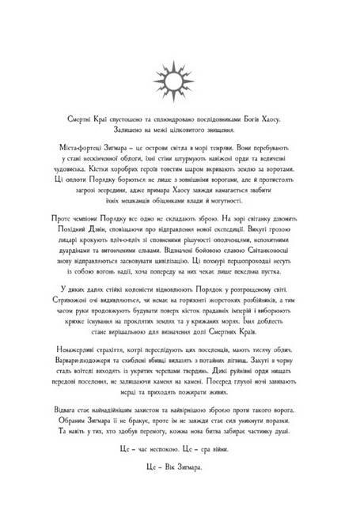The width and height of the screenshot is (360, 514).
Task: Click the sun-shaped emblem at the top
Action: [180, 76]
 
